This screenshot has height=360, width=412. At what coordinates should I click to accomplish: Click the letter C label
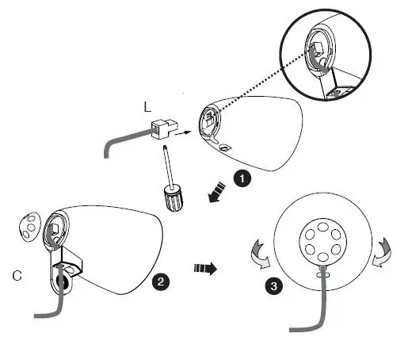coord(16,276)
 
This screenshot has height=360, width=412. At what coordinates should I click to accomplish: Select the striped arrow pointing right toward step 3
coord(205,267)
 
